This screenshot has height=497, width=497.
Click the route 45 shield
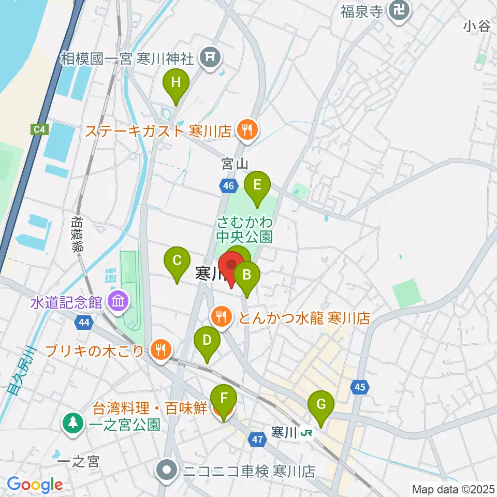[x=360, y=386]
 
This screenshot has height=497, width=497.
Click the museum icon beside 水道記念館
[x=118, y=302]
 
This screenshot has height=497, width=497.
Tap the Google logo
[x=35, y=485]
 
